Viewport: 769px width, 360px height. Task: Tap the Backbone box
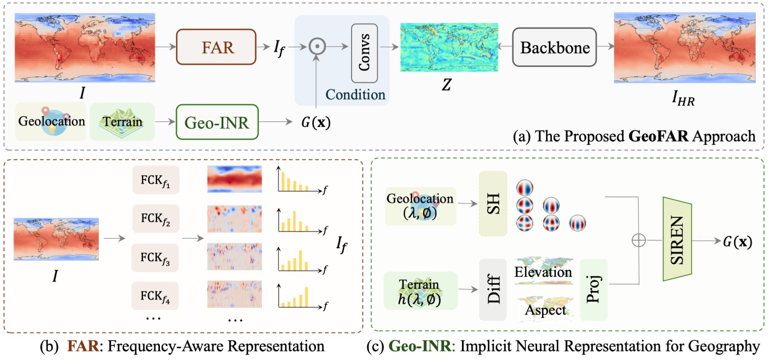coord(555,47)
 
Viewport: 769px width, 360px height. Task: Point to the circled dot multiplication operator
coord(317,48)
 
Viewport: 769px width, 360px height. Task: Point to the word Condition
coord(356,94)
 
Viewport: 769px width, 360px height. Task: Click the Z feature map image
coord(449,47)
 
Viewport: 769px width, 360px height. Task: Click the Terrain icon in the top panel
coord(122,121)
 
